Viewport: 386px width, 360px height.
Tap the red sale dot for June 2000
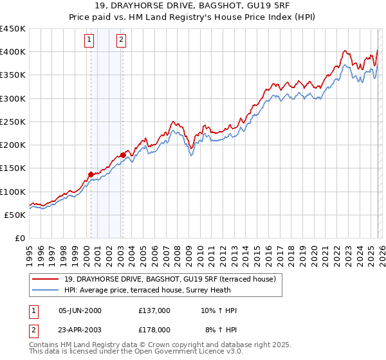(x=91, y=174)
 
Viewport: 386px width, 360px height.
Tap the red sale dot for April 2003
(x=123, y=155)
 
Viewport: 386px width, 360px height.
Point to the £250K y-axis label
(x=13, y=122)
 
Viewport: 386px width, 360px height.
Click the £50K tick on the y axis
(x=15, y=215)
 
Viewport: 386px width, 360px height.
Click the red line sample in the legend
(x=46, y=278)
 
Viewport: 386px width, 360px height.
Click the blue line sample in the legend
(x=46, y=289)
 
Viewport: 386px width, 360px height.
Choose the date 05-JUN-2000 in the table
(x=80, y=310)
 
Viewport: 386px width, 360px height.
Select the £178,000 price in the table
(x=154, y=329)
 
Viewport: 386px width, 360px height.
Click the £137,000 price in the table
(x=154, y=310)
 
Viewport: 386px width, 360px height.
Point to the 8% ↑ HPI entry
(x=219, y=329)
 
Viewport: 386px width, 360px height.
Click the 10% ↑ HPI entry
(x=219, y=310)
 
